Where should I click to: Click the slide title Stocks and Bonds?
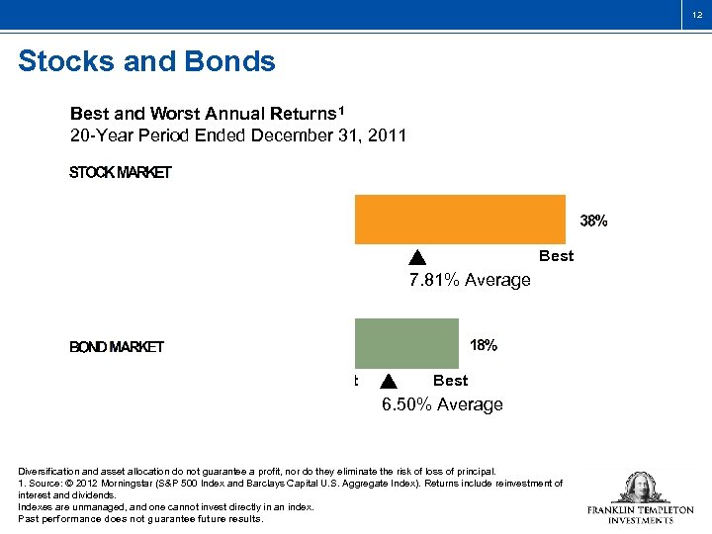[x=146, y=62]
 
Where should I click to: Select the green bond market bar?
[x=407, y=342]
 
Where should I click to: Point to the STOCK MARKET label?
[x=120, y=173]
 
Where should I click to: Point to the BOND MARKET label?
[x=116, y=347]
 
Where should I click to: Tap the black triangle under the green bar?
[x=388, y=382]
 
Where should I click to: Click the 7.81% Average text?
[x=470, y=280]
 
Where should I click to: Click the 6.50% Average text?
[x=442, y=404]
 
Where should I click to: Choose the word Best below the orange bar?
[x=556, y=256]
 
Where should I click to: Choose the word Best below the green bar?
[x=450, y=381]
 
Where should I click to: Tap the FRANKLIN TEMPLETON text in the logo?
[x=640, y=510]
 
